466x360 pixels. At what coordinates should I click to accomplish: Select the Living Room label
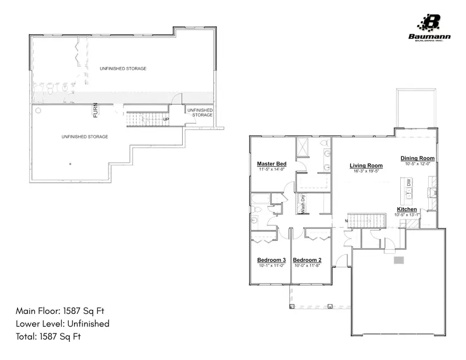click(x=366, y=166)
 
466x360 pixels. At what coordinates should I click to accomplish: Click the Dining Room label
click(x=417, y=159)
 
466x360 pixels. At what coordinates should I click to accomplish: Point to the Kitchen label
click(x=407, y=209)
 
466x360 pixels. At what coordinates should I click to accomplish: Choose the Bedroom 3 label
click(x=272, y=260)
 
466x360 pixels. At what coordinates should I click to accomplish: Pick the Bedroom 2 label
click(x=308, y=260)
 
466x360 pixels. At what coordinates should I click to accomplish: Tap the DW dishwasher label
click(x=409, y=183)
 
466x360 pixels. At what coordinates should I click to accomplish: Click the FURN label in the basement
click(x=95, y=110)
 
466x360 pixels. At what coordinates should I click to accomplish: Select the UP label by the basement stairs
click(x=166, y=120)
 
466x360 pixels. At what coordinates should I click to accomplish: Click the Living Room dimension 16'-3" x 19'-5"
click(x=366, y=171)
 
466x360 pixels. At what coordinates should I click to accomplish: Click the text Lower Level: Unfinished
click(x=63, y=324)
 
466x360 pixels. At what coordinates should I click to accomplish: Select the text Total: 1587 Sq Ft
click(x=49, y=336)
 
